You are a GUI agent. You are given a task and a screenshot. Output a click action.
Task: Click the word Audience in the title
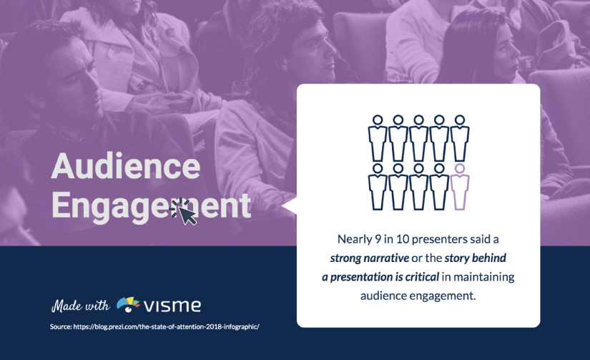click(x=126, y=166)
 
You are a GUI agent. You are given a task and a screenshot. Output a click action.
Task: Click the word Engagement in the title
click(x=151, y=206)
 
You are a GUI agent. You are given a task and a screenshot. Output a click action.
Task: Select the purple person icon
click(x=459, y=187)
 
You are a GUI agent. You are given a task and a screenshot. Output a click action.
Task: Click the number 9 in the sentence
click(x=378, y=239)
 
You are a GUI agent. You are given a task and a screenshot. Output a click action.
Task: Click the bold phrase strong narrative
click(x=370, y=258)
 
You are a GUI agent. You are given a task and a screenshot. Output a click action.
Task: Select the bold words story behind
click(x=476, y=258)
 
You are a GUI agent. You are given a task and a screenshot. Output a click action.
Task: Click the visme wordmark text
click(x=172, y=306)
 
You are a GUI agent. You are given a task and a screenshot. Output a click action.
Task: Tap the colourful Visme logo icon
click(x=128, y=304)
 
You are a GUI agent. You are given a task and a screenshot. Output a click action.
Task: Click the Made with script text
click(x=81, y=306)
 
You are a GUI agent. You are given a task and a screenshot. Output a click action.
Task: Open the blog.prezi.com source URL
click(x=166, y=326)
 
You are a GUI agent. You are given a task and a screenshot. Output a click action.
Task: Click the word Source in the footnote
click(x=61, y=326)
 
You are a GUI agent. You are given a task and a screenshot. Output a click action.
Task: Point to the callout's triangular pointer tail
click(x=289, y=206)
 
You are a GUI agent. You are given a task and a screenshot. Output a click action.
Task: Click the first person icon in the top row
click(x=378, y=138)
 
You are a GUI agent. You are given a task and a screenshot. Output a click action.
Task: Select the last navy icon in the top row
click(x=459, y=138)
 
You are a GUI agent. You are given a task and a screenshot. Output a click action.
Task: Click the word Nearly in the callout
click(x=354, y=240)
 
